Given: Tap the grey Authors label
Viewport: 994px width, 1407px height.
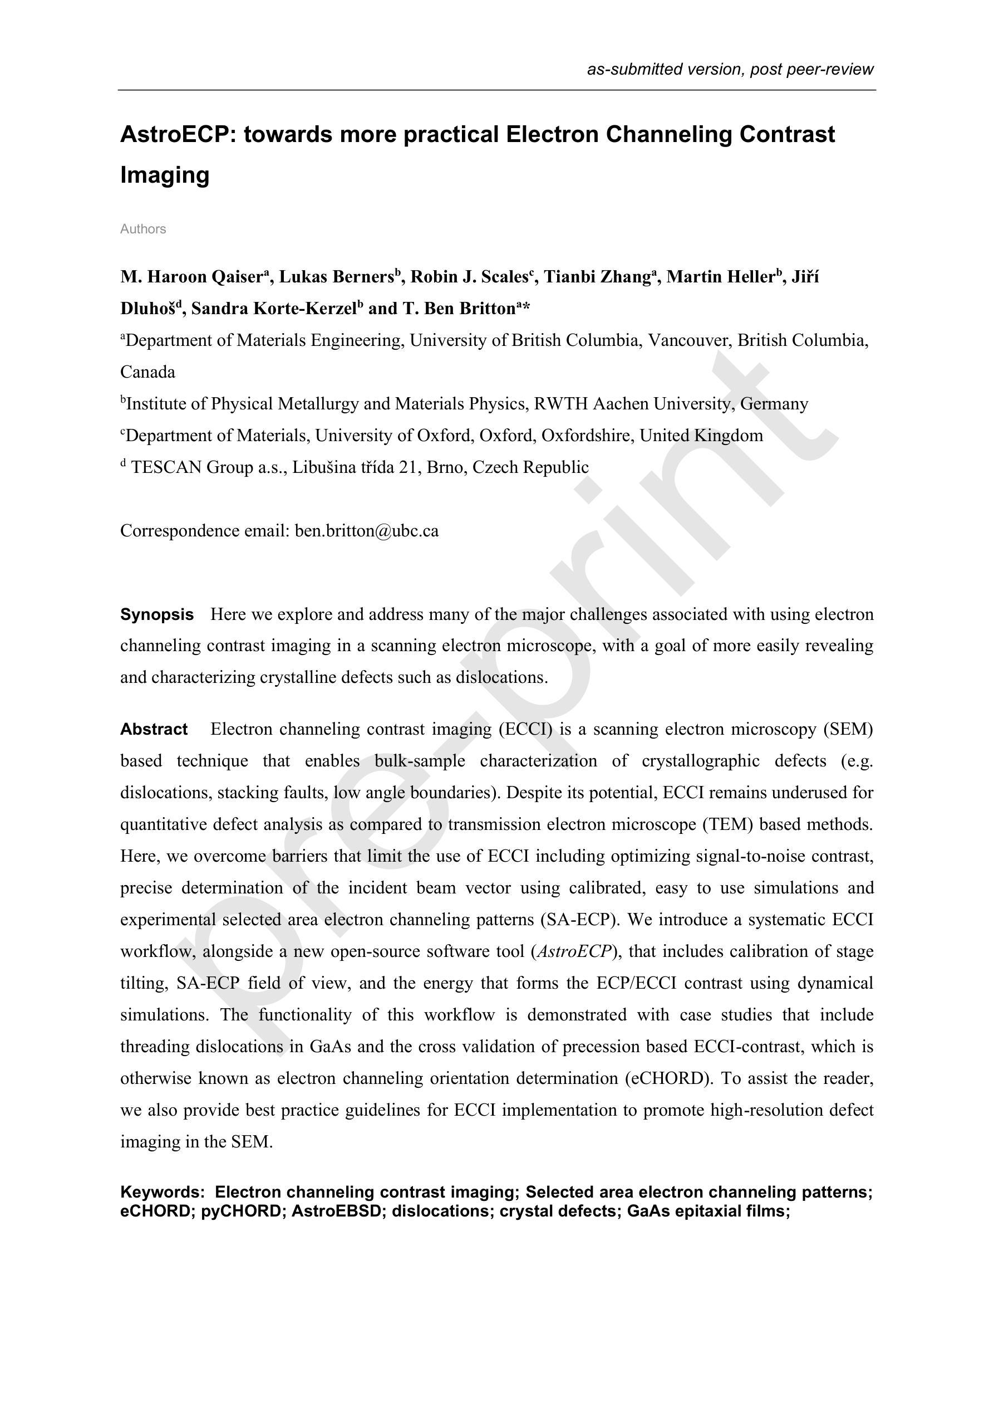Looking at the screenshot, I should click(142, 229).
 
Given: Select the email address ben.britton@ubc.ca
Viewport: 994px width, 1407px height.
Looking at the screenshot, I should click(366, 531).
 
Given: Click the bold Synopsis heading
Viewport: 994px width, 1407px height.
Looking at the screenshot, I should click(157, 614).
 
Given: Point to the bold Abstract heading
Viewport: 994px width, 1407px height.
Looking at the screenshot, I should click(154, 729).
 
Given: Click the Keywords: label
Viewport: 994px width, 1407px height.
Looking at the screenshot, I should click(163, 1192).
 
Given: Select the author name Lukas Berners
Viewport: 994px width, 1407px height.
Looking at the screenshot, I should click(336, 277).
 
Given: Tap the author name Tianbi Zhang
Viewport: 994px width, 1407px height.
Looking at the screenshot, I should click(598, 277).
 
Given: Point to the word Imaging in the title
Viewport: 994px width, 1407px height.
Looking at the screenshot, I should click(165, 175).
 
